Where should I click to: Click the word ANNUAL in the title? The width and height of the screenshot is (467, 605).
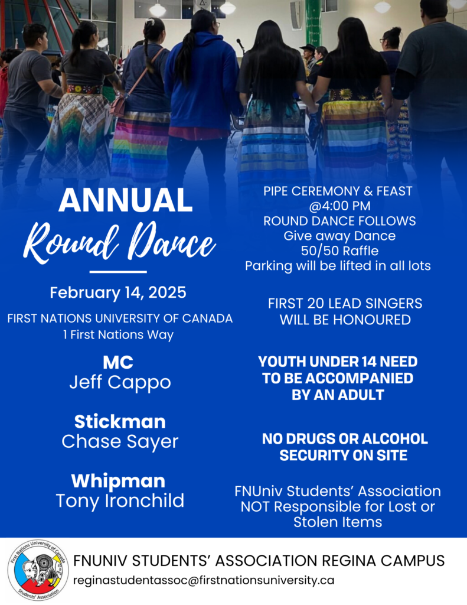(x=125, y=200)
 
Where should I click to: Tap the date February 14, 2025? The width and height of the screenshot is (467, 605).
(x=118, y=292)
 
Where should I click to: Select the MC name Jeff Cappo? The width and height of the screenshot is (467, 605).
(x=120, y=383)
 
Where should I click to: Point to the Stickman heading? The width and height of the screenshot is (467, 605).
(x=120, y=421)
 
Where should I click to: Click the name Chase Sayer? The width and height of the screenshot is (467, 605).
(x=120, y=442)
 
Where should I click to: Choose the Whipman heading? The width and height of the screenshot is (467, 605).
(x=119, y=481)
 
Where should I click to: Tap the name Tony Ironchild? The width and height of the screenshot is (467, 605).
(x=120, y=501)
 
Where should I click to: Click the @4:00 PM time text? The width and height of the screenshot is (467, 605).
(x=339, y=206)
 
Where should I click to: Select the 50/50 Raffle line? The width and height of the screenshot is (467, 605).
(x=339, y=251)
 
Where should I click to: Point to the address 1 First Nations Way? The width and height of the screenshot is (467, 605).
(x=119, y=334)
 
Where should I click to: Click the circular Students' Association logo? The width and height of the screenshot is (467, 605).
(x=38, y=570)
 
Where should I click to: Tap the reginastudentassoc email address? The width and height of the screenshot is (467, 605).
(x=204, y=580)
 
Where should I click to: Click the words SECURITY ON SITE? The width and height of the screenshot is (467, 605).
(x=343, y=456)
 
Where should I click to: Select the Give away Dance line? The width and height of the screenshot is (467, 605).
(x=339, y=236)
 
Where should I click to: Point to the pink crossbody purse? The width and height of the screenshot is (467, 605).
(x=117, y=104)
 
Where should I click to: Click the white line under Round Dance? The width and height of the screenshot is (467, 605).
(x=118, y=272)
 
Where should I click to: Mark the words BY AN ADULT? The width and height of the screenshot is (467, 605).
(x=338, y=395)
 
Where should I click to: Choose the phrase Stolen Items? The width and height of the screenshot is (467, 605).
(x=338, y=522)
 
